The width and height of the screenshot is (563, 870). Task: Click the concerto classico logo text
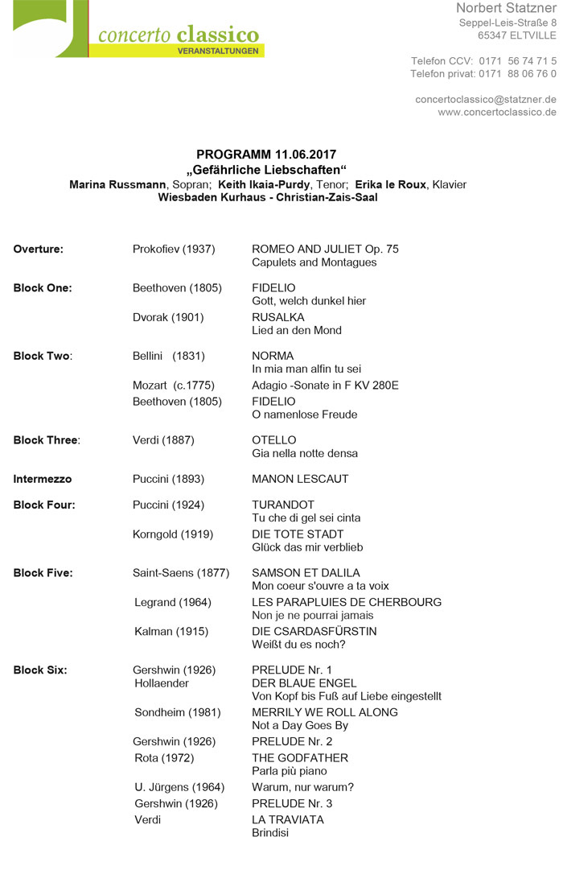[x=179, y=34]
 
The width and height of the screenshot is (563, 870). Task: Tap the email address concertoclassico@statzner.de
[x=486, y=99]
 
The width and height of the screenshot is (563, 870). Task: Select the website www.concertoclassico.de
[x=496, y=112]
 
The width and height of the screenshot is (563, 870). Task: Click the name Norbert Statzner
[x=506, y=8]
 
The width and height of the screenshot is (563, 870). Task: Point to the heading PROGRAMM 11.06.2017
[x=266, y=155]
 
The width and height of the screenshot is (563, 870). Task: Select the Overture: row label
[x=38, y=249]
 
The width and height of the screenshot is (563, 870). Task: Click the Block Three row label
[x=47, y=440]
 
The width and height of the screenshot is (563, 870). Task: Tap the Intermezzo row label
[x=43, y=479]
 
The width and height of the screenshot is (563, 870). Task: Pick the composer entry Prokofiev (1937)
[x=174, y=249]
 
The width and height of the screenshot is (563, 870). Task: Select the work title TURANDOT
[x=283, y=505]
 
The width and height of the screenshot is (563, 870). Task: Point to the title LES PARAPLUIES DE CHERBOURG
[x=347, y=602]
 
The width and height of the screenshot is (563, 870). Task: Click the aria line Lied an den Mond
[x=297, y=330]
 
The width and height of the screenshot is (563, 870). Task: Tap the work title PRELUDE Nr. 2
[x=292, y=741]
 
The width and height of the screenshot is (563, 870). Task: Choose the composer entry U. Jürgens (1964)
[x=179, y=787]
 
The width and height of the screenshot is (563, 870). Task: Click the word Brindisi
[x=270, y=832]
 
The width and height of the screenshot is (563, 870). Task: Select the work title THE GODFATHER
[x=300, y=757]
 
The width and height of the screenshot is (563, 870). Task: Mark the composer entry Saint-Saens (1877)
[x=181, y=573]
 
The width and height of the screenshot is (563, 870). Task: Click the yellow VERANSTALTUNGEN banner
[x=218, y=51]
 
